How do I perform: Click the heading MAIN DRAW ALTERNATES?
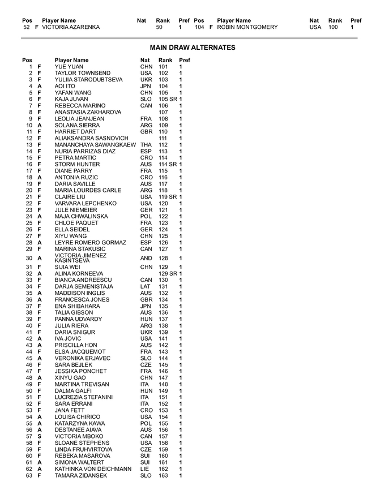(192, 48)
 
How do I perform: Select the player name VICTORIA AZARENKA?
(71, 27)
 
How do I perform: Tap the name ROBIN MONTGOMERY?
(247, 27)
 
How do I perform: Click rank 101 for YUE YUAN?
(163, 67)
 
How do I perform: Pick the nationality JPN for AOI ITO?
(146, 87)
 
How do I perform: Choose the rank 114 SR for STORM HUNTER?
(168, 164)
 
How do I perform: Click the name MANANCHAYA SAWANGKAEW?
(95, 145)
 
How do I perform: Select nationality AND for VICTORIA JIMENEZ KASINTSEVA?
(146, 258)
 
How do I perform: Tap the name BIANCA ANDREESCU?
(83, 280)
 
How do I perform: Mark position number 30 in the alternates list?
(29, 258)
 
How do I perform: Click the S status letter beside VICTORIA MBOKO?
(39, 436)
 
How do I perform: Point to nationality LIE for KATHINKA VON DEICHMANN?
(145, 469)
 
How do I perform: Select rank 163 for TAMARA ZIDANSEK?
(163, 475)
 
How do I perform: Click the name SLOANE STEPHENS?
(82, 443)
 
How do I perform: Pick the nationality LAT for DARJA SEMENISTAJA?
(146, 287)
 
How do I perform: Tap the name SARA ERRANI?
(73, 404)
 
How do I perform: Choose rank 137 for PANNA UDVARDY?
(163, 319)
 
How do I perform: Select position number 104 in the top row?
(199, 27)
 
